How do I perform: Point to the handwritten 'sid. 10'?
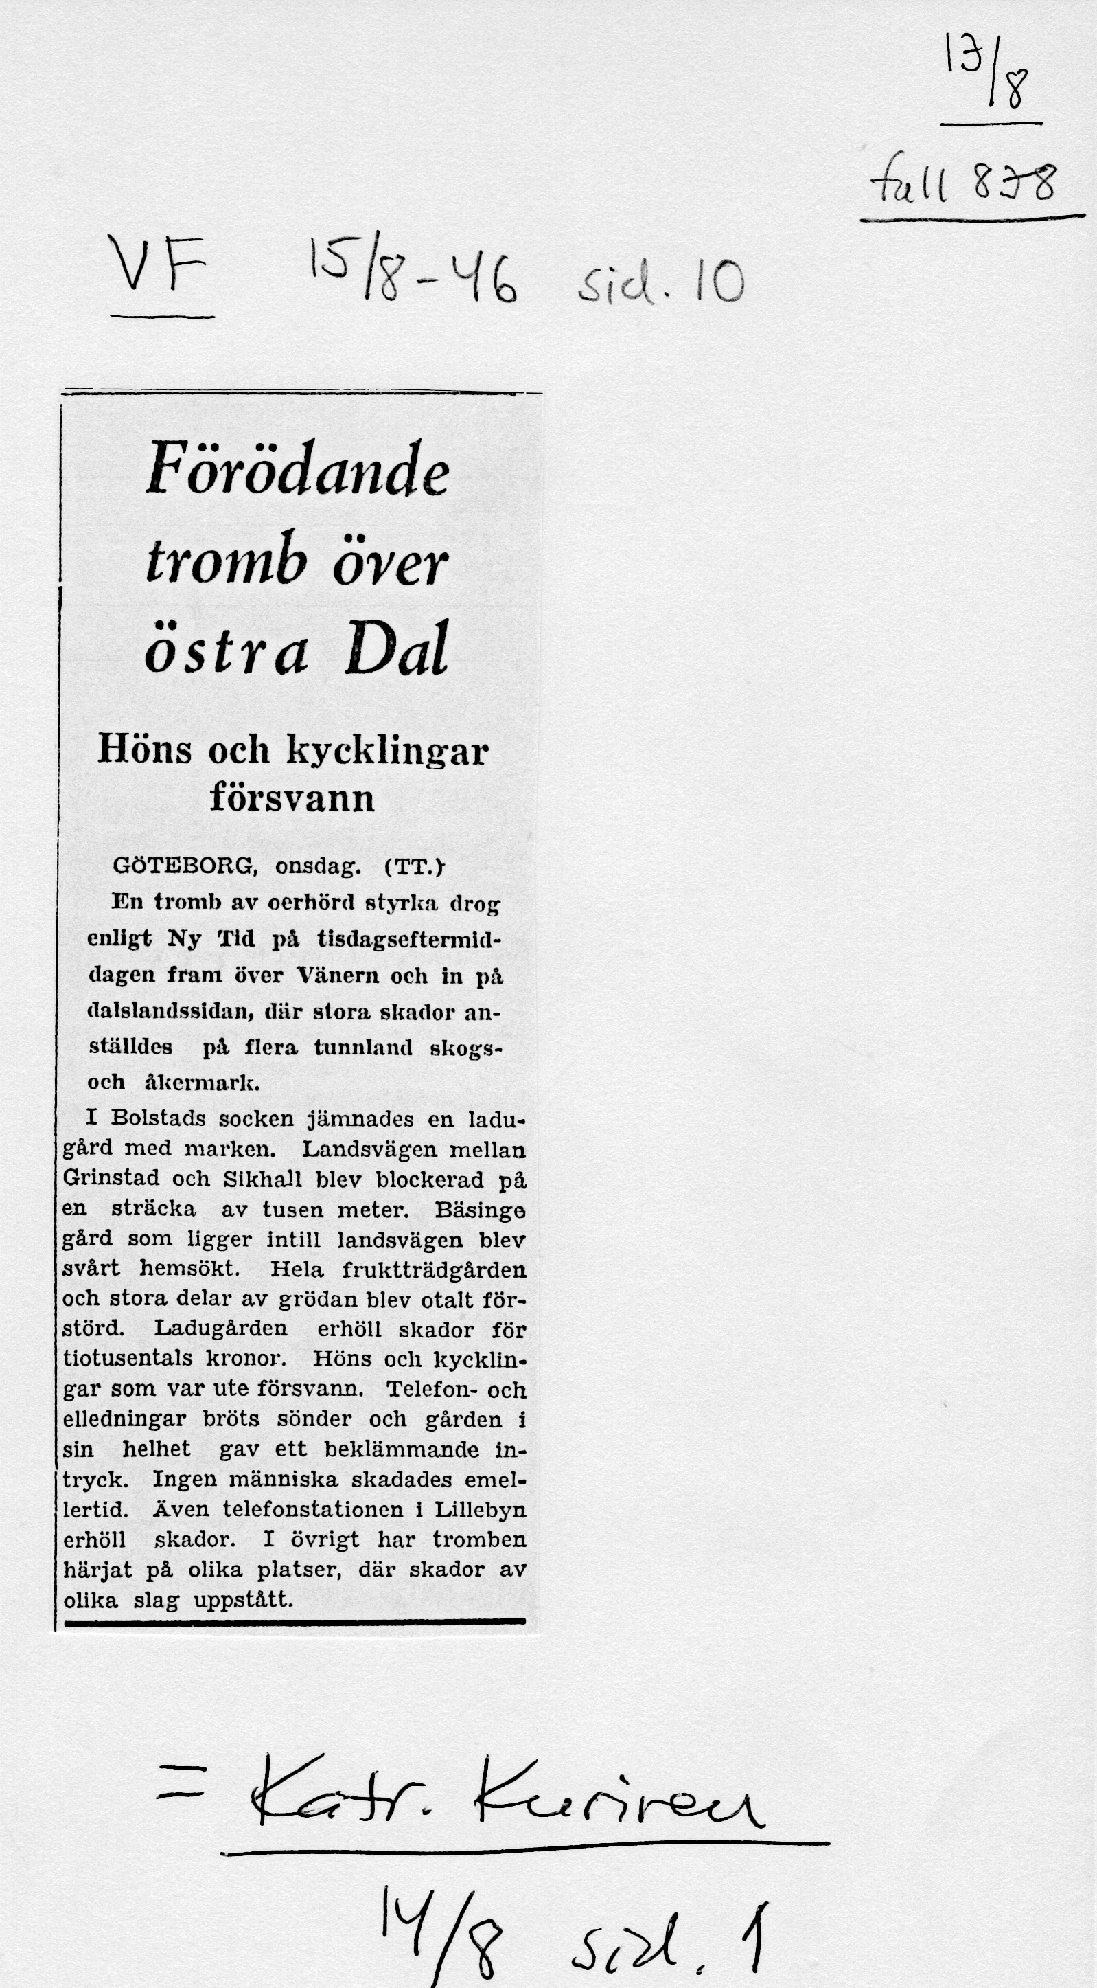[x=660, y=283]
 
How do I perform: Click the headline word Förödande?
[x=298, y=469]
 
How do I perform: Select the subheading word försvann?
[x=292, y=798]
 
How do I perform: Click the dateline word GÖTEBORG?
[x=183, y=866]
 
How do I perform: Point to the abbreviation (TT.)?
[x=413, y=867]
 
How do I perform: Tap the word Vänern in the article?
[x=338, y=976]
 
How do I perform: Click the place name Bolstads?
[x=158, y=1118]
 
